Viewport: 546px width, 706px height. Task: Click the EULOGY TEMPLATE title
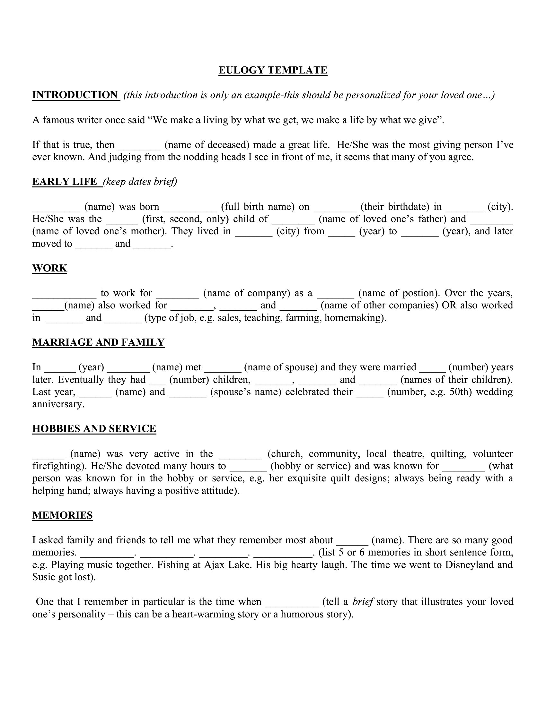point(273,70)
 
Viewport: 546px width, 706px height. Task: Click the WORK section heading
point(49,268)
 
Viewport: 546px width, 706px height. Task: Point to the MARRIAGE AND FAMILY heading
point(98,342)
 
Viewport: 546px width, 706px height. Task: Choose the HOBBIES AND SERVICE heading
point(94,428)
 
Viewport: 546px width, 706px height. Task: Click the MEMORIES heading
point(62,515)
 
